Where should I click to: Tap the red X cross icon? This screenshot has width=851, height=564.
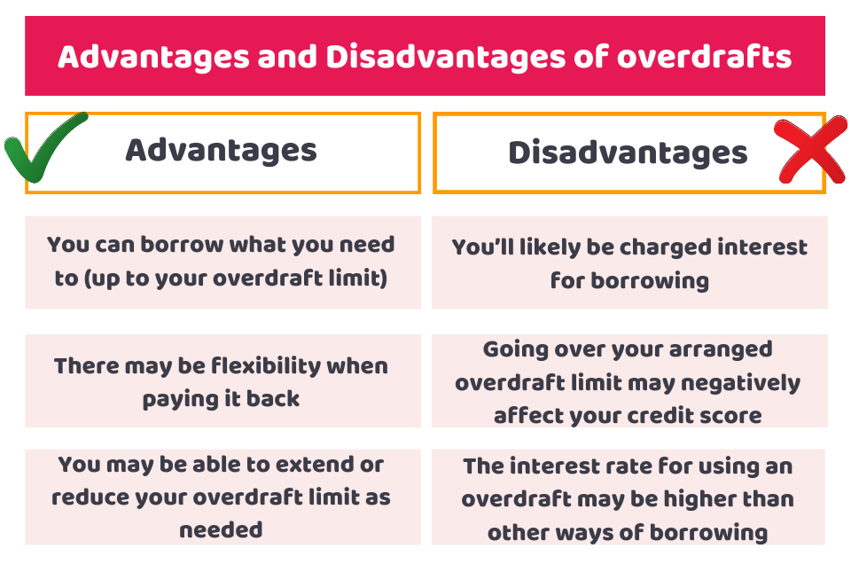click(x=811, y=151)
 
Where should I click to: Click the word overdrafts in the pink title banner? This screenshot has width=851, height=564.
click(x=705, y=57)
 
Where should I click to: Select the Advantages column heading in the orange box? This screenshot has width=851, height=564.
click(x=221, y=151)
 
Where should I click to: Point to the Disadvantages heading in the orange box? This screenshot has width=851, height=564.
click(x=628, y=153)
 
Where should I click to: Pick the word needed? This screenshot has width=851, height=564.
click(x=221, y=529)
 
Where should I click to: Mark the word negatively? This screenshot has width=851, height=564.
click(x=741, y=383)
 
